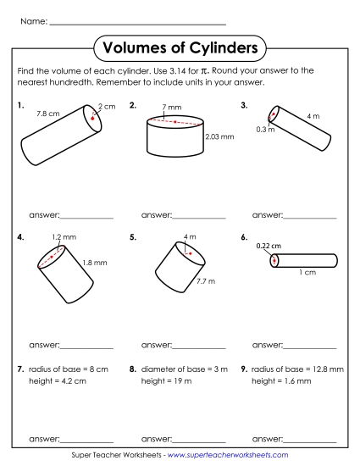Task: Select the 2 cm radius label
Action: [x=106, y=106]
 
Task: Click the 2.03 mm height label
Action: [x=219, y=136]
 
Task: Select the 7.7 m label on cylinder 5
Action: [x=207, y=280]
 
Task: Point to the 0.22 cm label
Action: [x=269, y=246]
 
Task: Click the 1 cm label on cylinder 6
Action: [x=307, y=272]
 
